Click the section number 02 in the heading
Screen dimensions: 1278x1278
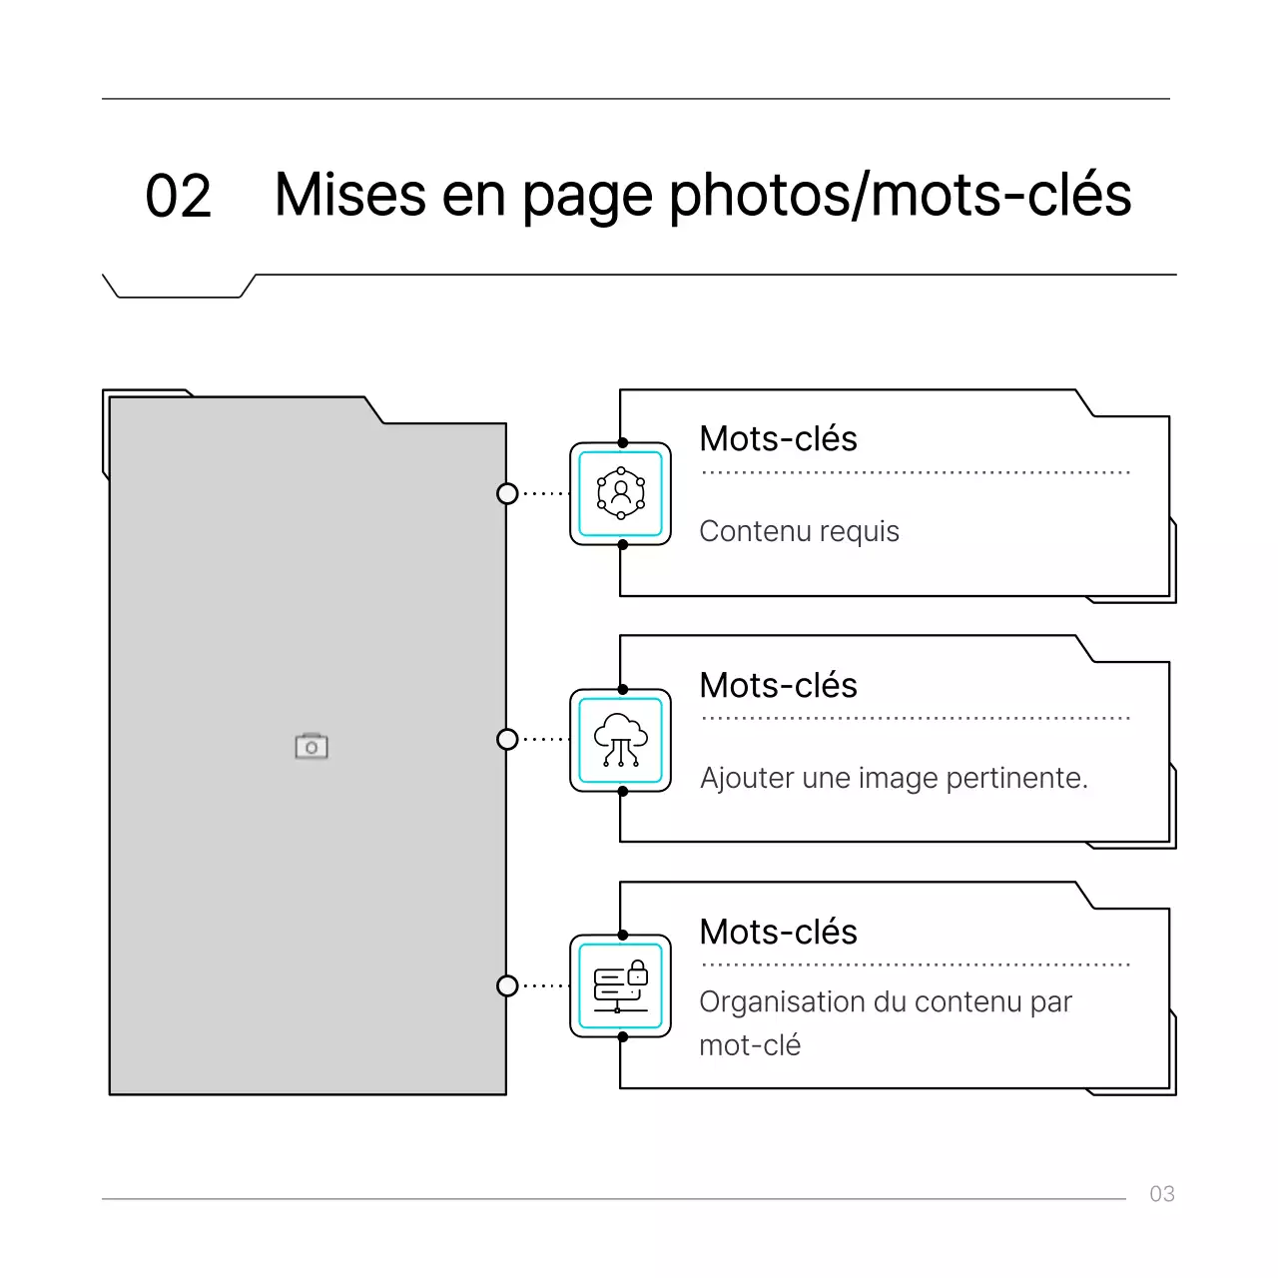click(x=178, y=196)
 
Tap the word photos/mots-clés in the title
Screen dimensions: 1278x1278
click(x=900, y=196)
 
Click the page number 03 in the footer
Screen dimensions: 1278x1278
click(x=1161, y=1194)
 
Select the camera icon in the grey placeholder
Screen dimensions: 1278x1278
click(x=312, y=746)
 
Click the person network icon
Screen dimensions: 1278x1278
click(x=621, y=493)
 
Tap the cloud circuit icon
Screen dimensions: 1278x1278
click(x=621, y=740)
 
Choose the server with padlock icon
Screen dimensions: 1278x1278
click(x=621, y=986)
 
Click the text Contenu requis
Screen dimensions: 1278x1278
click(x=799, y=531)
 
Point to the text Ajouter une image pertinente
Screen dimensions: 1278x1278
click(x=894, y=778)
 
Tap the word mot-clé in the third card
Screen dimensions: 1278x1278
click(x=750, y=1045)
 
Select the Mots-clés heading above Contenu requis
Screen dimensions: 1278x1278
click(x=778, y=439)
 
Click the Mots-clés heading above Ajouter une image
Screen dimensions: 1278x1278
click(x=778, y=686)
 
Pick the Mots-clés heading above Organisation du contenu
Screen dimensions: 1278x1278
click(x=778, y=933)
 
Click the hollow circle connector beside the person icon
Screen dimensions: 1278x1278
click(x=507, y=493)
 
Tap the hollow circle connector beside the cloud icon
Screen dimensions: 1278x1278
click(x=507, y=739)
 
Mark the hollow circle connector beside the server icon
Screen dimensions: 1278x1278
click(x=507, y=985)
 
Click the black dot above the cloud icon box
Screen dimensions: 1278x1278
click(x=623, y=689)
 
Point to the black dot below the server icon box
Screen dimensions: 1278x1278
click(x=623, y=1037)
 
